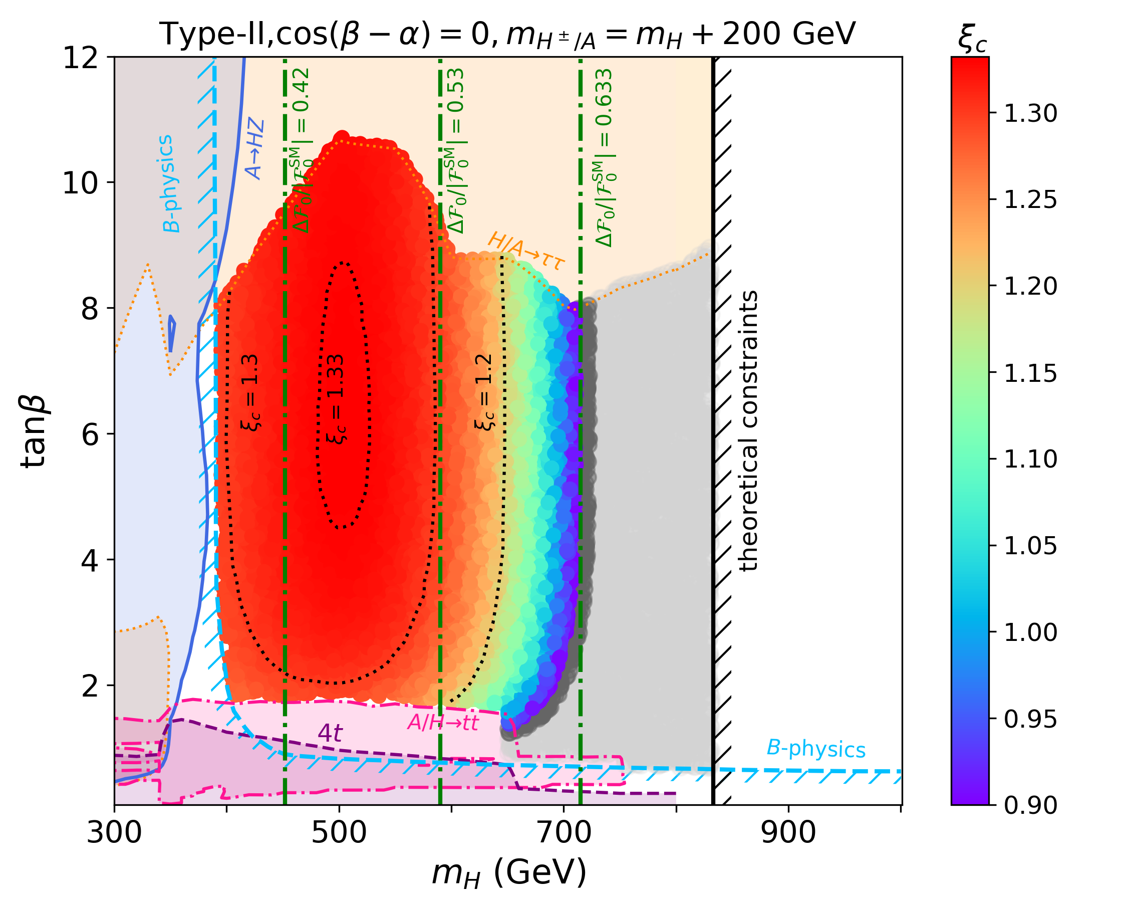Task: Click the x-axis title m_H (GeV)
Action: click(508, 872)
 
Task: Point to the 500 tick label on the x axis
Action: click(339, 831)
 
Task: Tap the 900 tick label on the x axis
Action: click(788, 831)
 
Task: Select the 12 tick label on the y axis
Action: click(81, 58)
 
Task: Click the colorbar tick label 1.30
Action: click(1030, 113)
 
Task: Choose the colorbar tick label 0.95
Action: click(1030, 720)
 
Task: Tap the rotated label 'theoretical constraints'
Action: click(748, 431)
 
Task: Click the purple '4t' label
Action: click(330, 733)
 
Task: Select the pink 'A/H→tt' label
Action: click(443, 723)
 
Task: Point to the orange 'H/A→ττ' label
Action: click(526, 252)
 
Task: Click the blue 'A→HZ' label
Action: click(255, 149)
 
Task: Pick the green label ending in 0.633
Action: click(604, 157)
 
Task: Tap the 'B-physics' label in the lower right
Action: click(816, 749)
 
